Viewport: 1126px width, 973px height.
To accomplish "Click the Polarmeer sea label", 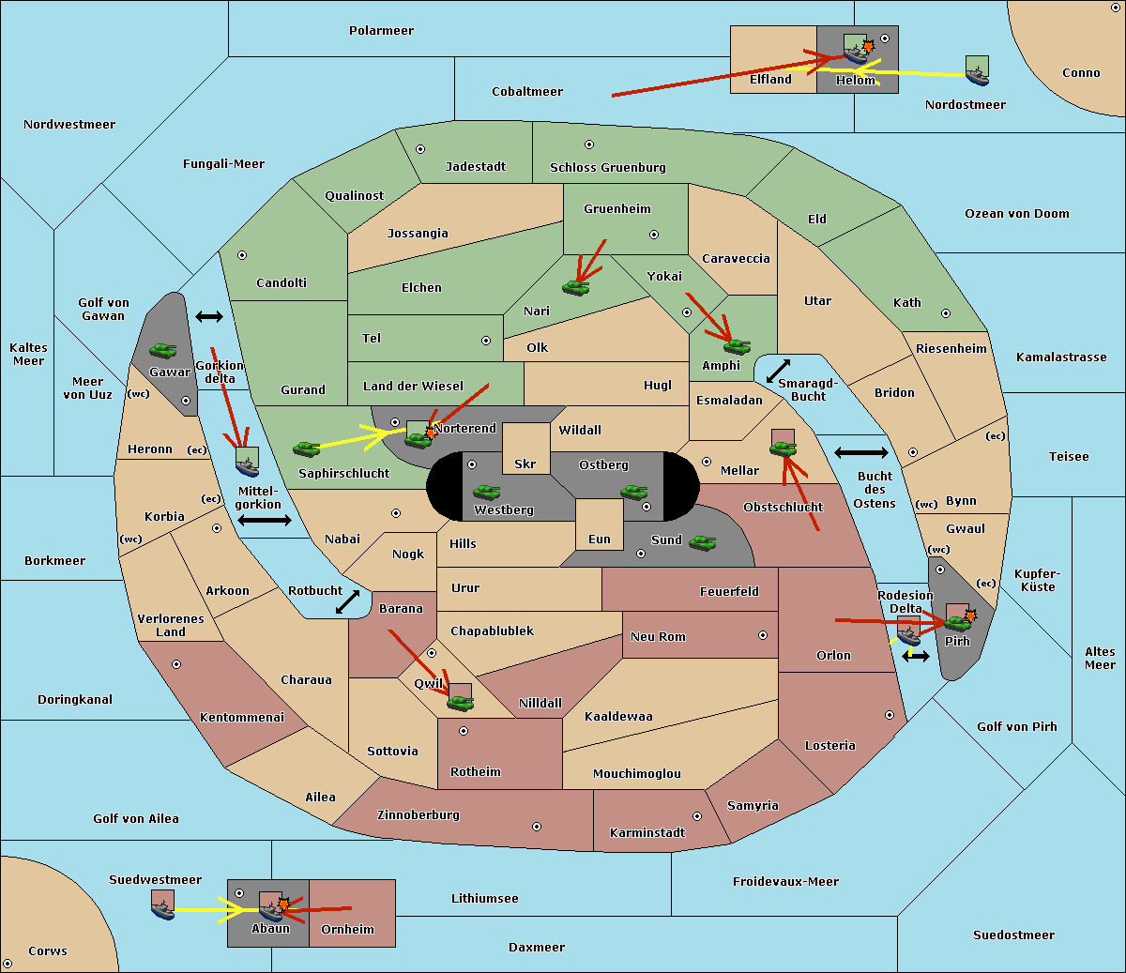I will coord(381,31).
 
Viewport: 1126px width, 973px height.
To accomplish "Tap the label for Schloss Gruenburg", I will coord(607,168).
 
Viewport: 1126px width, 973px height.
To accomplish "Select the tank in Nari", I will coord(575,287).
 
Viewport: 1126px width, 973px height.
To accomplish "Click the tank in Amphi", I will coord(737,346).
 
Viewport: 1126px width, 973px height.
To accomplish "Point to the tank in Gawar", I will coord(163,350).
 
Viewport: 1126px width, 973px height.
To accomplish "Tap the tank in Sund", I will coord(703,542).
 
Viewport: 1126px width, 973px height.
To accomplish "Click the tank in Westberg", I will coord(486,492).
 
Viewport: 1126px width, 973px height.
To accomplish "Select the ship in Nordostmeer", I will coord(977,69).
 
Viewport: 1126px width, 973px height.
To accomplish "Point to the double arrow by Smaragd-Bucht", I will coord(778,371).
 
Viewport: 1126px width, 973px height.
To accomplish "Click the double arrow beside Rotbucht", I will coord(347,601).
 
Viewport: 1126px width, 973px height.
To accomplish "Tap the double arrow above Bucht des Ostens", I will coord(860,453).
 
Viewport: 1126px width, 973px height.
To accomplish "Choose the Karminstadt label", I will coord(647,833).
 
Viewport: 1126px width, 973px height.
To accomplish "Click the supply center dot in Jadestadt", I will coord(420,148).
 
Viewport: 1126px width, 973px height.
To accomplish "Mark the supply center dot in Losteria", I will coord(889,715).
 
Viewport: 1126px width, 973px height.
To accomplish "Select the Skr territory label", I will coord(525,464).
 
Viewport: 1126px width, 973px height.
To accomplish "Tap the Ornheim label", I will coord(347,930).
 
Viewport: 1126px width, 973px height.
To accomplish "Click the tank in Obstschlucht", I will coord(783,448).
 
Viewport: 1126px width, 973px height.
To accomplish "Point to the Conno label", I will coord(1081,73).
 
